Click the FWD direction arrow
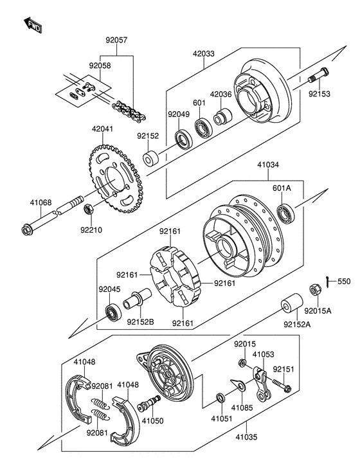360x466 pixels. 33,25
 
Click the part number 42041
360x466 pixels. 102,129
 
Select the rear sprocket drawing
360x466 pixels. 114,179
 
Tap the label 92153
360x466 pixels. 319,94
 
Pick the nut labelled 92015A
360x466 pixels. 314,290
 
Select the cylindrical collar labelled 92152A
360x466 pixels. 292,304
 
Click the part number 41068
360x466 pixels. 40,202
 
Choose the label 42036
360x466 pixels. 221,94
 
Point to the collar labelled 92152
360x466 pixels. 151,158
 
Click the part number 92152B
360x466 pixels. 140,321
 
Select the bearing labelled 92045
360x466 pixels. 113,312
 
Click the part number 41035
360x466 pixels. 246,437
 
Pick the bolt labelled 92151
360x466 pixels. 281,384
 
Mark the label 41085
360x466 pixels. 242,408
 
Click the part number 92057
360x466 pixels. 116,40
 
